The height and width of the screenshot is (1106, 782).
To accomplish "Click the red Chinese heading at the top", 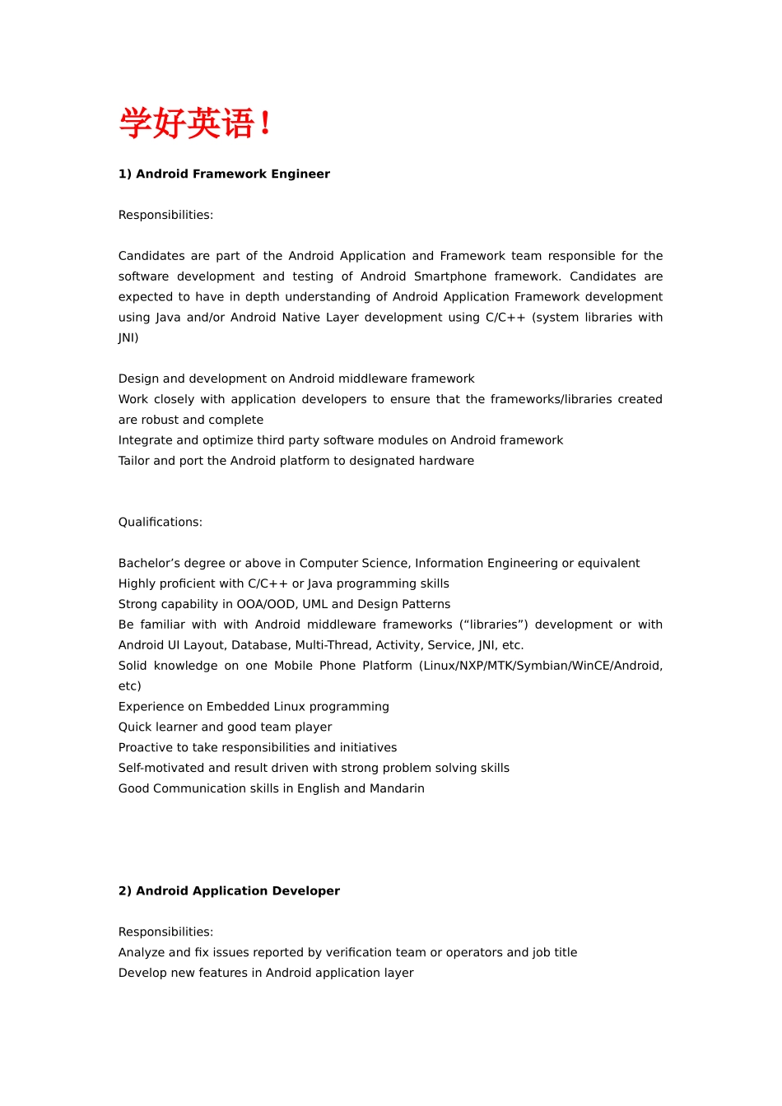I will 195,123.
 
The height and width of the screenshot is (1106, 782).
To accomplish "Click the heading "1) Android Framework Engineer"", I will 224,174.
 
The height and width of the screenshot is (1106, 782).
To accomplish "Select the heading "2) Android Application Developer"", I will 229,890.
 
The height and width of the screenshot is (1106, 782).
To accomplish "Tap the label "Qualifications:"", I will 160,522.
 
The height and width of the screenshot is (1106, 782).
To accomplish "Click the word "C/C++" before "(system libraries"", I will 505,318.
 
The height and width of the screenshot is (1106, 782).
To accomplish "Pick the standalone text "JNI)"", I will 128,337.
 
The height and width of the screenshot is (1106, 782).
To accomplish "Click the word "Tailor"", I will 134,461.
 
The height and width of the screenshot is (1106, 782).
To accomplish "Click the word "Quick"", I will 135,727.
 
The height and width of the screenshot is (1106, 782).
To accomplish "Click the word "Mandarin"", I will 397,788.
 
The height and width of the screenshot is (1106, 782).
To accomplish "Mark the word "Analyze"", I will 142,952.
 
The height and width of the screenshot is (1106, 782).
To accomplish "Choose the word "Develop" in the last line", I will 142,973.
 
